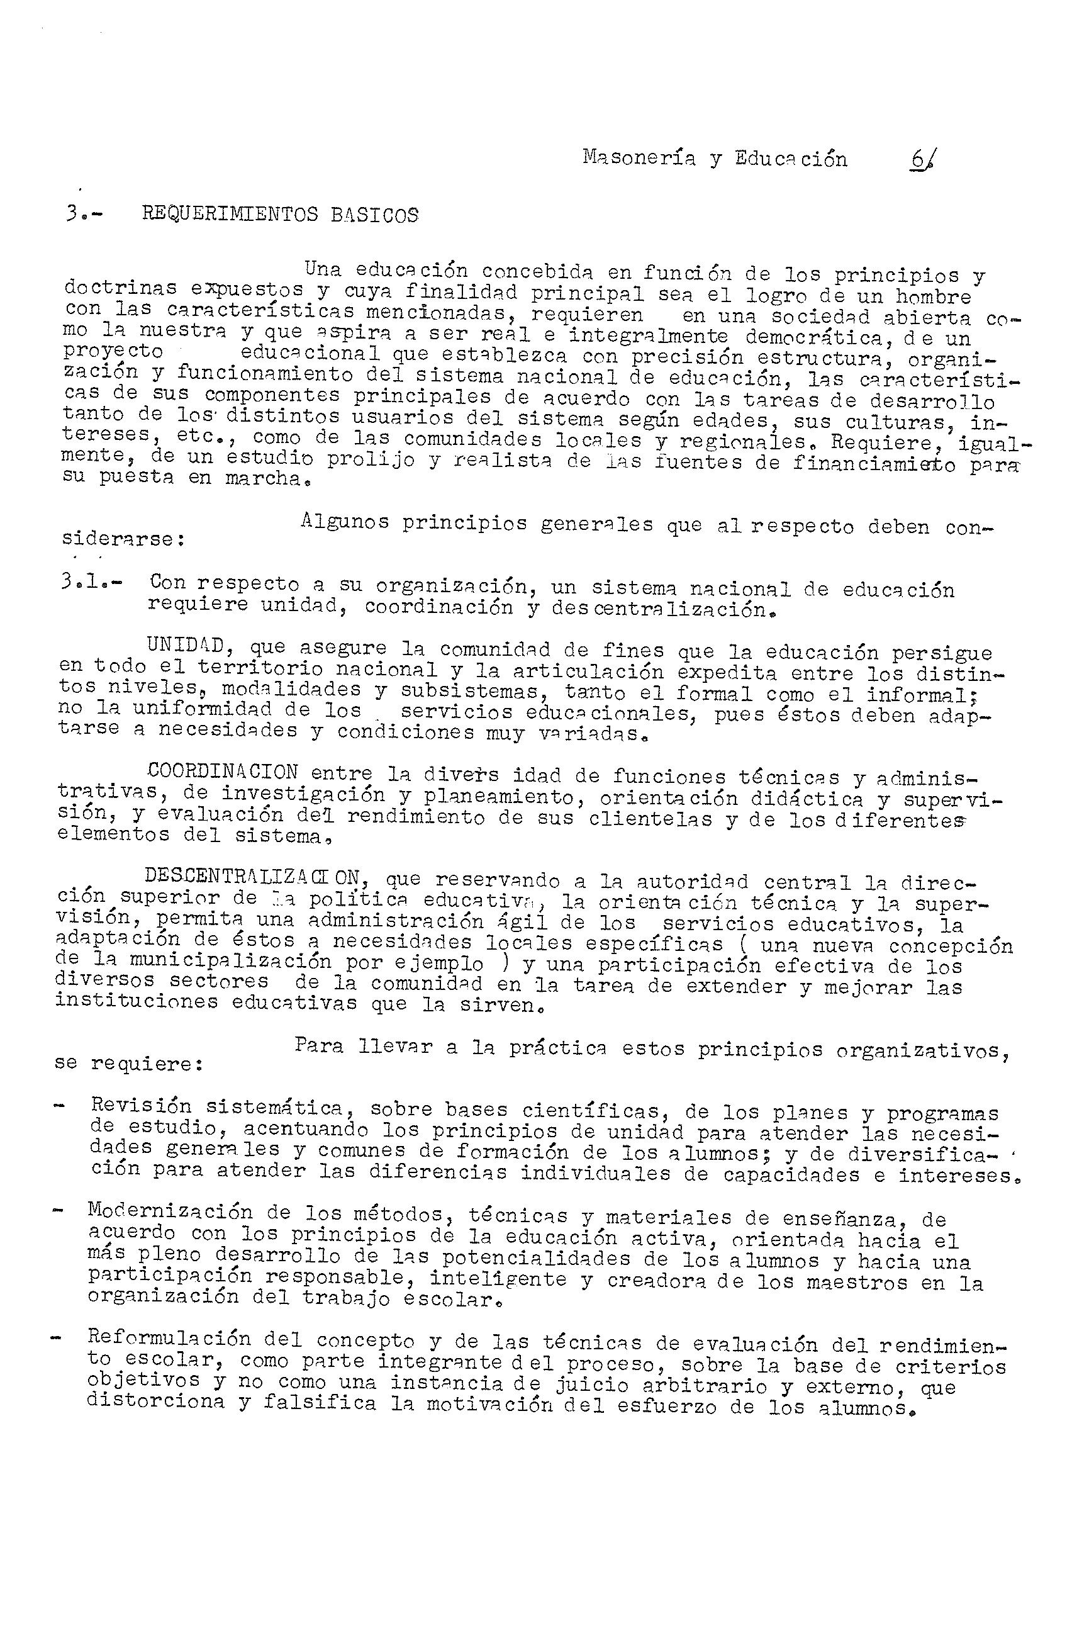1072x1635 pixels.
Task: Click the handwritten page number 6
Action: pyautogui.click(x=920, y=162)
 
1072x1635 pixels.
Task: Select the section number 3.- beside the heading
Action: pyautogui.click(x=82, y=215)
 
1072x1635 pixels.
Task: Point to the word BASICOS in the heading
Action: pyautogui.click(x=374, y=216)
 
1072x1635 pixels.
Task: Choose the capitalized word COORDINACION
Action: pyautogui.click(x=221, y=772)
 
